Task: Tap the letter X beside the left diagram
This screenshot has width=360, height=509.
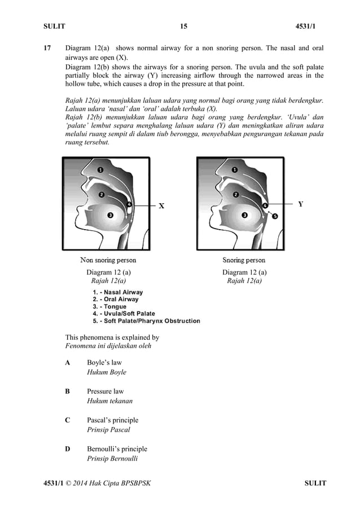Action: tap(161, 206)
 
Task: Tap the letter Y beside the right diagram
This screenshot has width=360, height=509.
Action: tap(301, 204)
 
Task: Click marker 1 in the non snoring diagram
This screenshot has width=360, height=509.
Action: tap(100, 169)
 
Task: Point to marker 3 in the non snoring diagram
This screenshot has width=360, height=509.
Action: tap(110, 215)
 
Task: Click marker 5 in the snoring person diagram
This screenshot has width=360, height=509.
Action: tap(275, 216)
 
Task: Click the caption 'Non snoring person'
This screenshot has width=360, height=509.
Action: tap(108, 260)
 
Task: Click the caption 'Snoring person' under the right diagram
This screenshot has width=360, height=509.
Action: tap(244, 260)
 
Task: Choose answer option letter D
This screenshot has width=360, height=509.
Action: tap(68, 449)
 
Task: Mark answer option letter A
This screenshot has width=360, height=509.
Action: tap(68, 362)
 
